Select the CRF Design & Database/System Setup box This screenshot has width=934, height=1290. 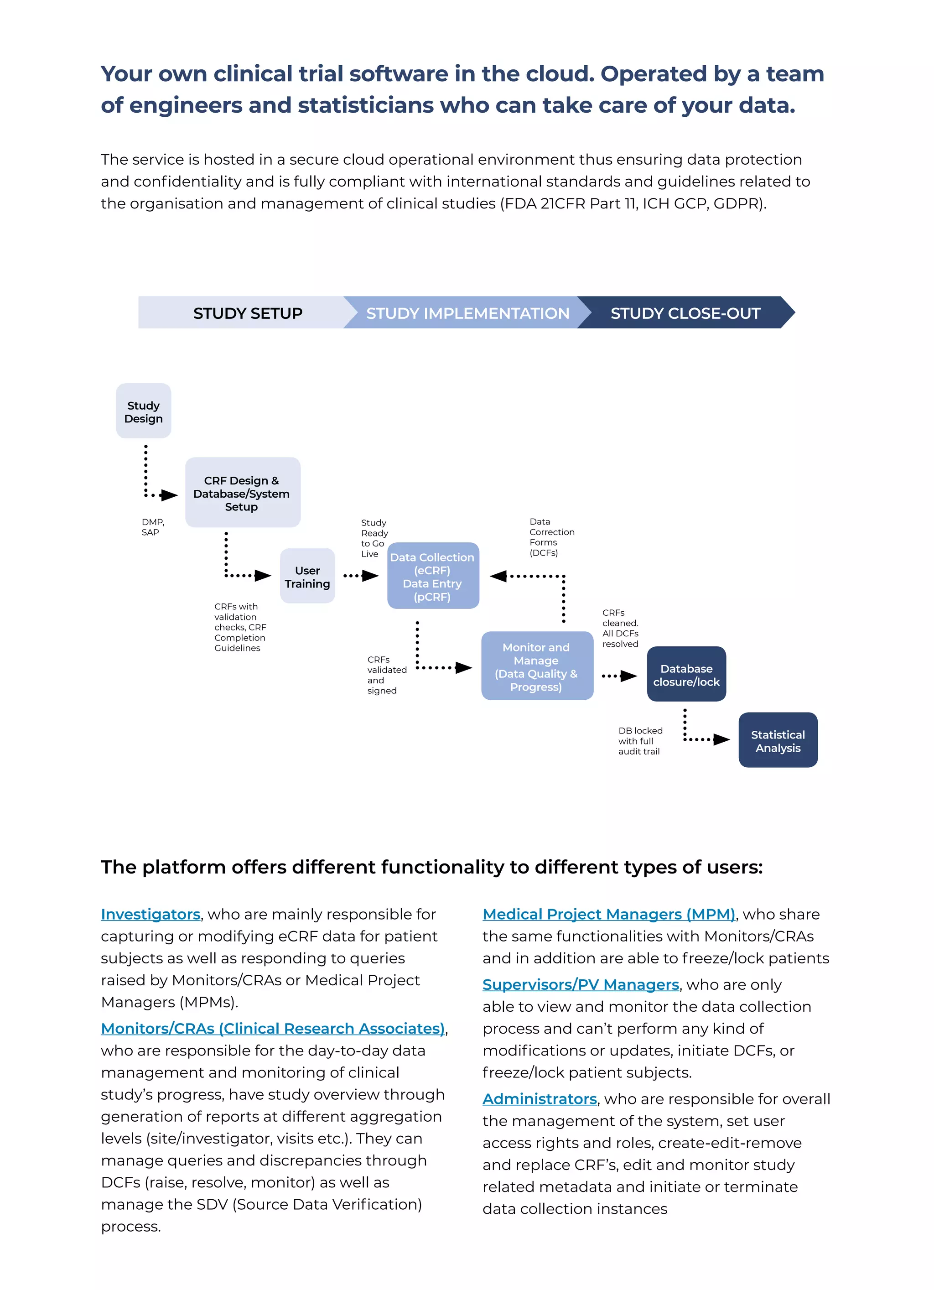(x=242, y=493)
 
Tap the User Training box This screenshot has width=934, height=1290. (x=307, y=576)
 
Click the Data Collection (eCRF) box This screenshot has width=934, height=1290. (x=433, y=576)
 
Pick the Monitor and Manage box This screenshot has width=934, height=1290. (x=537, y=666)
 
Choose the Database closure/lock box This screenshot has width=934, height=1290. (x=686, y=674)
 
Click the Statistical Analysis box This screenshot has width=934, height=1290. (x=778, y=740)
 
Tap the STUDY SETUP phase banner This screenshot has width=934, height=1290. (x=248, y=313)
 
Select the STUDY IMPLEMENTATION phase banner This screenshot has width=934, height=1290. (x=467, y=313)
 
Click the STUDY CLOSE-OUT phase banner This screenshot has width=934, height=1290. (x=685, y=313)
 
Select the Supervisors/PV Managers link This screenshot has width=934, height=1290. (x=581, y=984)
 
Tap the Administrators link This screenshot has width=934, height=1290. (x=539, y=1099)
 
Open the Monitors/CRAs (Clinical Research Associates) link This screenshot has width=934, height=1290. (x=272, y=1028)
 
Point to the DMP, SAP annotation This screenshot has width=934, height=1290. (x=152, y=527)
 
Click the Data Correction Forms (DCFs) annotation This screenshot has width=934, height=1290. (x=551, y=537)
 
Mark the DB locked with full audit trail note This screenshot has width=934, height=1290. (x=640, y=740)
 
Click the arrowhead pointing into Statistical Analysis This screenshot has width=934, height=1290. (x=721, y=739)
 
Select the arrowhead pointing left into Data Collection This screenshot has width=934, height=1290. (x=499, y=576)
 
